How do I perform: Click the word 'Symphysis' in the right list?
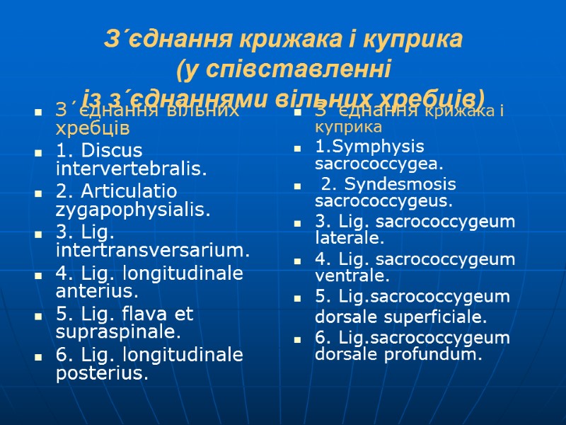pyautogui.click(x=377, y=147)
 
